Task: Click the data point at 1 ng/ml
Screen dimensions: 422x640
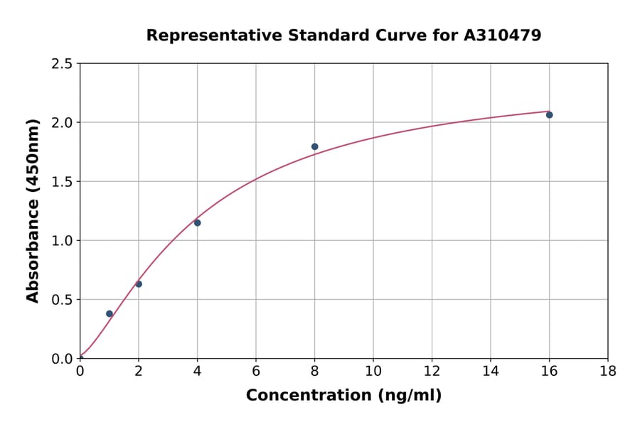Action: (x=110, y=313)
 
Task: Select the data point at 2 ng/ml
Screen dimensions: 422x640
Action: (x=139, y=284)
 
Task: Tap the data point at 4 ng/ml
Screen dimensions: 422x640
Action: (x=197, y=223)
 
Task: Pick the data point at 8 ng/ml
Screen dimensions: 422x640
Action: (x=314, y=146)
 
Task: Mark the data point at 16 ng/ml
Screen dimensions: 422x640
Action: (x=549, y=115)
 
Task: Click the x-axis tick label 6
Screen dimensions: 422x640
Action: (x=256, y=371)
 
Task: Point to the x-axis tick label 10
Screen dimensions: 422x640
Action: (x=373, y=371)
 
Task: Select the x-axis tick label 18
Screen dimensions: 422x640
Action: (x=608, y=371)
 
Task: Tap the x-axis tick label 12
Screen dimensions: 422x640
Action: (x=432, y=371)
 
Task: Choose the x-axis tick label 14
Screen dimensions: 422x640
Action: (x=491, y=371)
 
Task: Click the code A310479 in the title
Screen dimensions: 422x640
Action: (x=502, y=35)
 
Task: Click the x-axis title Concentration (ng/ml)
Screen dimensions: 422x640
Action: (x=343, y=395)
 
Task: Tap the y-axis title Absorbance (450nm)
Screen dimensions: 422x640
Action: (x=33, y=210)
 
